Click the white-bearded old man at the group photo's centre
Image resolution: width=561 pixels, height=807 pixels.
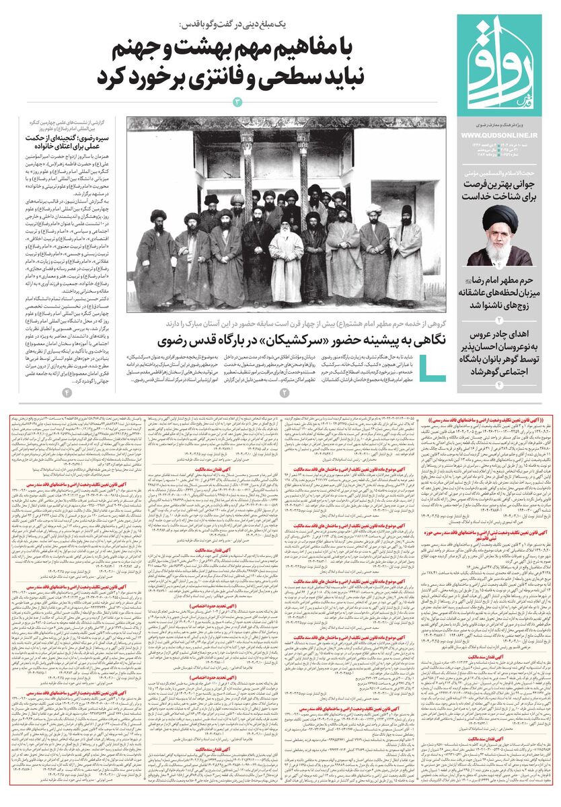[x=285, y=256]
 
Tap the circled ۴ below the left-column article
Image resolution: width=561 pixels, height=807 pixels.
[x=67, y=392]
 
